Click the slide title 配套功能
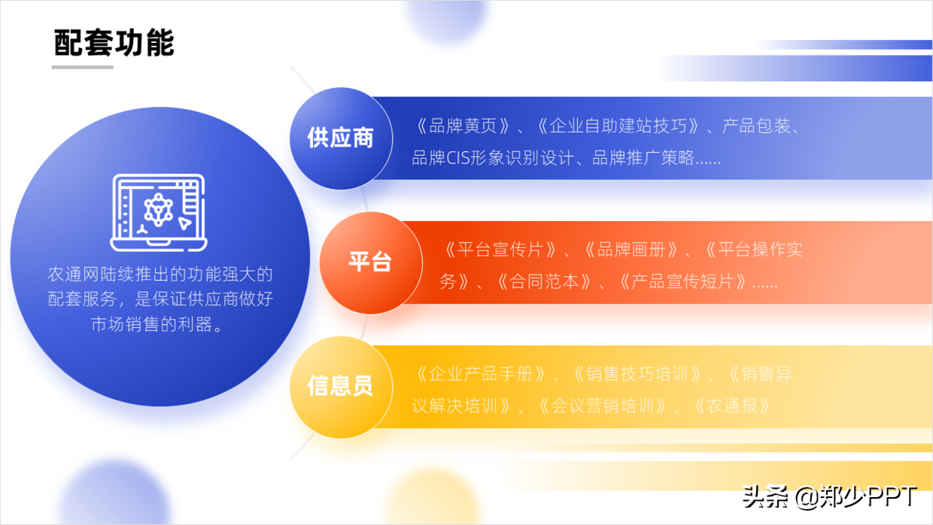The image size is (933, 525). coord(114,42)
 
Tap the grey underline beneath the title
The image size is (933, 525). coord(83,67)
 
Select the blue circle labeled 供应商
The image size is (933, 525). coord(341,138)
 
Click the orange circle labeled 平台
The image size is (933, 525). coord(371,262)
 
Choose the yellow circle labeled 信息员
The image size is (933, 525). coord(341,387)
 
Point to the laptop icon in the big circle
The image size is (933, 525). coord(159,213)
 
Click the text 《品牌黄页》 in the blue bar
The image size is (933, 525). coord(462,126)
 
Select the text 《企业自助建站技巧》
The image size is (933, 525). coord(617,126)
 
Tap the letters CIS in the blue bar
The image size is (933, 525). coord(457,158)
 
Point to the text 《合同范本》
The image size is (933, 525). coord(545,282)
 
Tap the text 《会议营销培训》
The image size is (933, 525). coord(602,406)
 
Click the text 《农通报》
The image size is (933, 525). coord(732,406)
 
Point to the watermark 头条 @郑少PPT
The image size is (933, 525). coord(830,496)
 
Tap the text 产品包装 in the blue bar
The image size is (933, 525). coord(755,126)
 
